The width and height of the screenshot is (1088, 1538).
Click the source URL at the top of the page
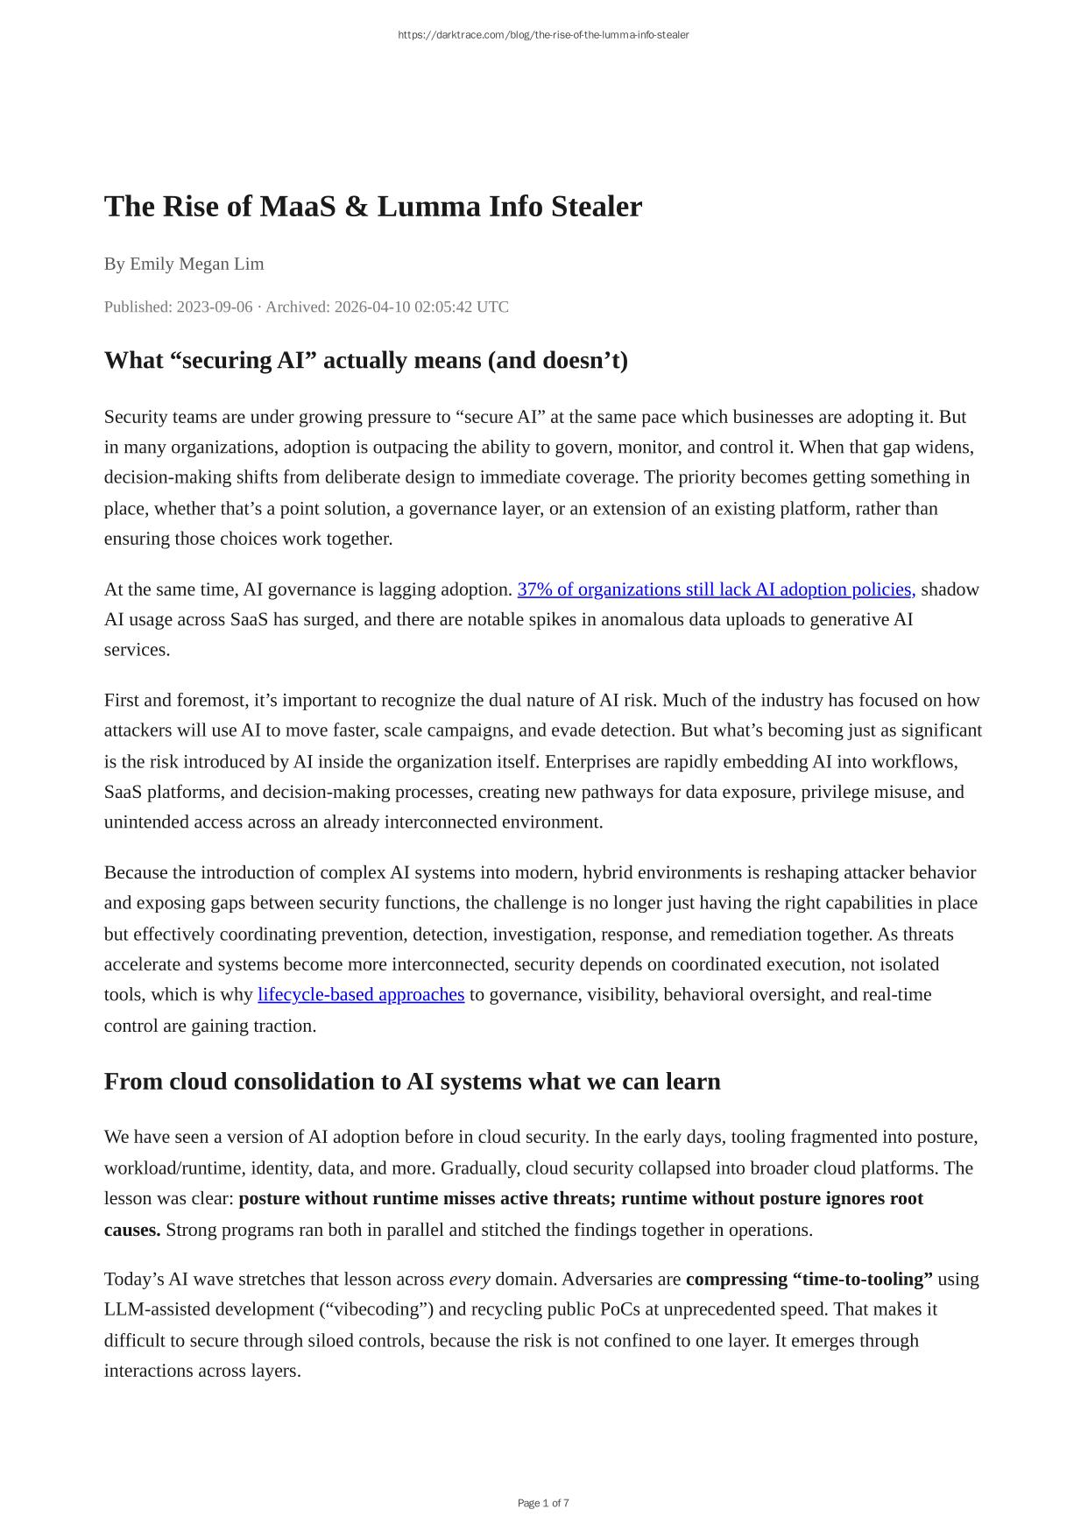[543, 35]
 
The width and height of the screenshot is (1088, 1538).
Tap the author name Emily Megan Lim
[196, 264]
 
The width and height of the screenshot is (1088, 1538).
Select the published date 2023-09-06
[214, 307]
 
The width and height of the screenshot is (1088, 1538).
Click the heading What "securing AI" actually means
[365, 360]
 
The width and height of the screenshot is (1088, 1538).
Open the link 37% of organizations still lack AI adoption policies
[716, 589]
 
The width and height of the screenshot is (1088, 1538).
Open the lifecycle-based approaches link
[361, 995]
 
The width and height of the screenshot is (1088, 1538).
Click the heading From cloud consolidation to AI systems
[412, 1082]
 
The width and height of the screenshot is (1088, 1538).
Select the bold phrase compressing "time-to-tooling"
[809, 1280]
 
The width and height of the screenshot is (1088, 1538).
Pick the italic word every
[470, 1280]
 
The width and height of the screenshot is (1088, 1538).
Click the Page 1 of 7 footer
[543, 1504]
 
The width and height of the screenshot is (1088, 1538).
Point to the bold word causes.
[131, 1230]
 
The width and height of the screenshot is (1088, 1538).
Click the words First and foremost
[173, 701]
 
